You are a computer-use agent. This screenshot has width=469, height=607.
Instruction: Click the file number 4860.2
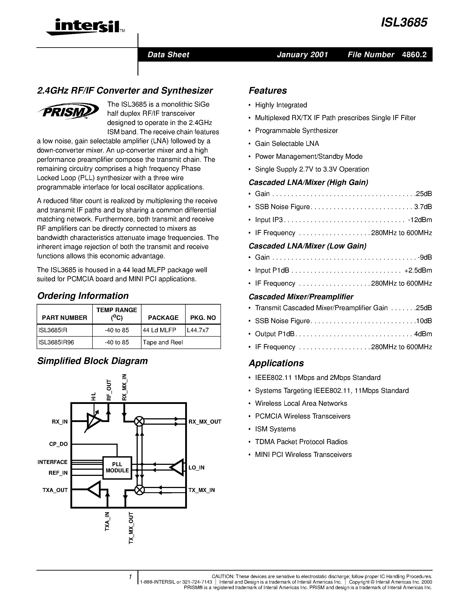click(x=414, y=55)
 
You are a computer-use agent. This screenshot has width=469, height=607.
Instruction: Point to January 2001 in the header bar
click(x=302, y=55)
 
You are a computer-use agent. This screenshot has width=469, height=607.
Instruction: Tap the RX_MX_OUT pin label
click(x=205, y=422)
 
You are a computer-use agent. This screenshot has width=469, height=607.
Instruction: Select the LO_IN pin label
click(x=196, y=468)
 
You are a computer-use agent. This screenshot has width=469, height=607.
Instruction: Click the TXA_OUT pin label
click(x=55, y=490)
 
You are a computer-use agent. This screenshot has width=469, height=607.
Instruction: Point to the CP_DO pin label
click(x=58, y=444)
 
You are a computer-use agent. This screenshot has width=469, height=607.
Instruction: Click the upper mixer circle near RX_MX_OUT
click(x=139, y=422)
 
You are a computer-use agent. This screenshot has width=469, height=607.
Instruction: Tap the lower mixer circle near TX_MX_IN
click(x=139, y=490)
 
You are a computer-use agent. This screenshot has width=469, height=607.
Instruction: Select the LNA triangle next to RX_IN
click(x=93, y=422)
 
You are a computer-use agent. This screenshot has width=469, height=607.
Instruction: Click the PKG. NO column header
click(x=203, y=318)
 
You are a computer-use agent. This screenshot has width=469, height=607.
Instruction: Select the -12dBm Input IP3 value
click(x=420, y=220)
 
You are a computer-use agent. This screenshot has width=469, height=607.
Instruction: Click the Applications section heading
click(x=276, y=363)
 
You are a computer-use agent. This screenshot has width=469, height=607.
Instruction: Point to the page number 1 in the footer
click(x=130, y=577)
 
